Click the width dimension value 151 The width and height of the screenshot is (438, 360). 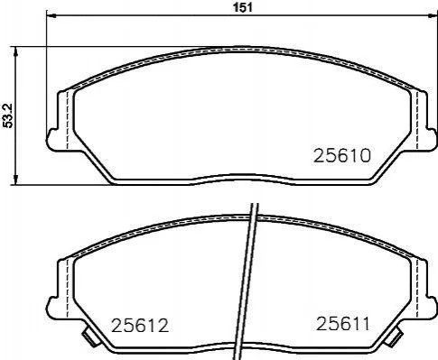[243, 8]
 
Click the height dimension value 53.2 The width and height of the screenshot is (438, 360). [8, 115]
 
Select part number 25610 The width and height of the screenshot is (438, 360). [342, 156]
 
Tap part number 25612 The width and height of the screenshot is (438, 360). [140, 326]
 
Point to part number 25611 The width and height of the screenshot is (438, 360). [342, 324]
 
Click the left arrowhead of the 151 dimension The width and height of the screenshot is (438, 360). [51, 15]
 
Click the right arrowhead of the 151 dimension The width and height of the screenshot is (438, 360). [432, 15]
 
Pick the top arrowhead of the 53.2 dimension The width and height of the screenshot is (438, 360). [16, 51]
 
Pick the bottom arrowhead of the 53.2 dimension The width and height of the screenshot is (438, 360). [16, 180]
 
